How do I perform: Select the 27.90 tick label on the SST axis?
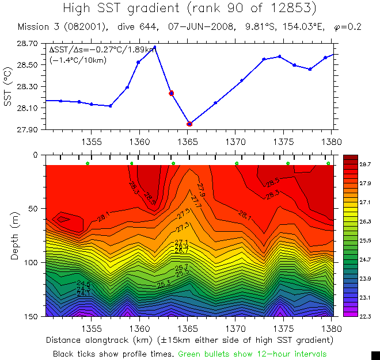pyautogui.click(x=28, y=130)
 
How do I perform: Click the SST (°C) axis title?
pyautogui.click(x=8, y=87)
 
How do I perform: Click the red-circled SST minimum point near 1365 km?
pyautogui.click(x=189, y=124)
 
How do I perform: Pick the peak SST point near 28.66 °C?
pyautogui.click(x=155, y=47)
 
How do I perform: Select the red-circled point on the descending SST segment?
pyautogui.click(x=171, y=93)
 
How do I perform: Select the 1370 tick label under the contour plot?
pyautogui.click(x=235, y=328)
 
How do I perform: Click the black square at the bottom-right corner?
pyautogui.click(x=375, y=355)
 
